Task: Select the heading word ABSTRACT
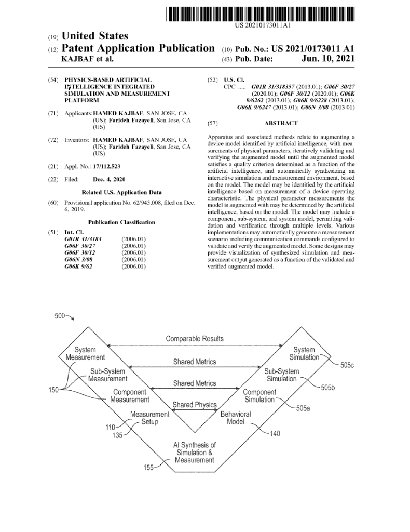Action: pyautogui.click(x=281, y=123)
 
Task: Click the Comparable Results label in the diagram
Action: pyautogui.click(x=195, y=339)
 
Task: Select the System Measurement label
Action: pyautogui.click(x=85, y=354)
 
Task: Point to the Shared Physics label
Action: pyautogui.click(x=195, y=405)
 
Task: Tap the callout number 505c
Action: pyautogui.click(x=347, y=365)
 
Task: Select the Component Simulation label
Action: pyautogui.click(x=259, y=396)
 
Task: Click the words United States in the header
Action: pyautogui.click(x=94, y=36)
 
